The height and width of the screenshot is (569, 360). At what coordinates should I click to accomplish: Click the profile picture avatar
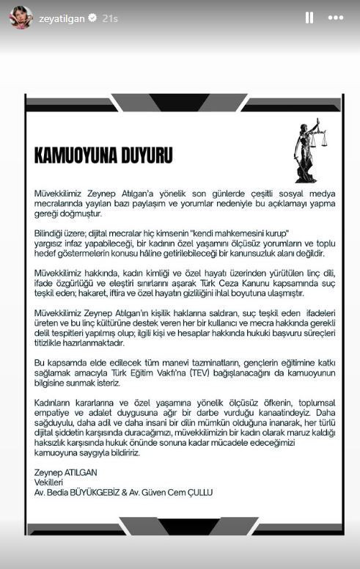point(21,18)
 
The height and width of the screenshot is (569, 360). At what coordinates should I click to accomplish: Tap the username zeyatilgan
point(61,18)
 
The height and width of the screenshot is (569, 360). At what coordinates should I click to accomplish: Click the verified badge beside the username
point(93,18)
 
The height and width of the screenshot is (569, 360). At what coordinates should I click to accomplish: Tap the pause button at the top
point(309,18)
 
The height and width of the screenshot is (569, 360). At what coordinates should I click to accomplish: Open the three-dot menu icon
point(337,18)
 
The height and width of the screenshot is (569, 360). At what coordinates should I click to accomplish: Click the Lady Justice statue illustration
point(309,150)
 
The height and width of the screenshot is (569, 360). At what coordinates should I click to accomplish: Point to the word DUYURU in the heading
point(145,155)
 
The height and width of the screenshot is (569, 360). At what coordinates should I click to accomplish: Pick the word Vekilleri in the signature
point(52,482)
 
